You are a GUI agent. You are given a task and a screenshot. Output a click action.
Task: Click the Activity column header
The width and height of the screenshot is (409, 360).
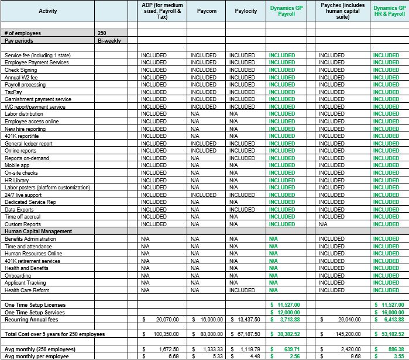(x=48, y=11)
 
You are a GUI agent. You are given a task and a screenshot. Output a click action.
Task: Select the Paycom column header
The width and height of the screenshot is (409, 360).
(x=203, y=11)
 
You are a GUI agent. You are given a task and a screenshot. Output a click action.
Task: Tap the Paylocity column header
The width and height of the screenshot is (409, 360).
(x=246, y=11)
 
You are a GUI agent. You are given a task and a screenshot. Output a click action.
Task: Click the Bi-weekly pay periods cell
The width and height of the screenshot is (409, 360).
(x=109, y=41)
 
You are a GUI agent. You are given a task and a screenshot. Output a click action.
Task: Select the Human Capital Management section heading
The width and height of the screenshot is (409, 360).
(x=38, y=231)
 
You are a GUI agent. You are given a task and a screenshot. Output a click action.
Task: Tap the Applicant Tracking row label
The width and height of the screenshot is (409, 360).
(x=25, y=283)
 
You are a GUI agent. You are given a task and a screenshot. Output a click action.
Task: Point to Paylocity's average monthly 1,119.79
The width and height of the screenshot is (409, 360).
(x=248, y=349)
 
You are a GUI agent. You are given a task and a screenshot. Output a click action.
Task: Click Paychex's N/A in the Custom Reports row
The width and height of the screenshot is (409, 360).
(x=323, y=224)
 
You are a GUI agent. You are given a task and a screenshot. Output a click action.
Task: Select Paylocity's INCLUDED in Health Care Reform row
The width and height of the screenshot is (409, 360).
(x=242, y=290)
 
